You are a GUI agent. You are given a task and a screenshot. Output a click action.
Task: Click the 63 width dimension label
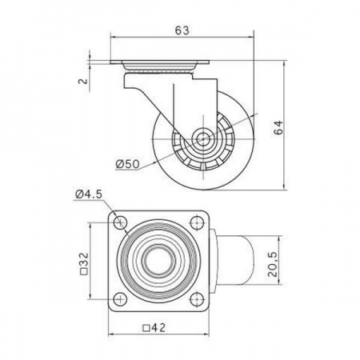(x=182, y=30)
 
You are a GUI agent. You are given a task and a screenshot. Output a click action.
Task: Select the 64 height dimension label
(x=278, y=128)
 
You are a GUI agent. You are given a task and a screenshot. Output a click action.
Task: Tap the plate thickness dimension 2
(x=83, y=81)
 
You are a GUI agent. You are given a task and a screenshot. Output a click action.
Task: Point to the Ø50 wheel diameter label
(x=127, y=164)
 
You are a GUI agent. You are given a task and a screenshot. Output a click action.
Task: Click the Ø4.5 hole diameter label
(x=89, y=194)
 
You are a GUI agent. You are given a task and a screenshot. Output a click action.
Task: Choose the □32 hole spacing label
(x=84, y=264)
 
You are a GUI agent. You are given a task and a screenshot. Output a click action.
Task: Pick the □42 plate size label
(x=154, y=327)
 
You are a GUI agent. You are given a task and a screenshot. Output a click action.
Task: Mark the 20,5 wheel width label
(x=274, y=264)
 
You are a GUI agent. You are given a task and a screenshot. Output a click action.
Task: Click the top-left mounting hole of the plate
(x=120, y=222)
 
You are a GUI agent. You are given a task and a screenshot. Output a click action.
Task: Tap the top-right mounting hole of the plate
(x=197, y=222)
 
